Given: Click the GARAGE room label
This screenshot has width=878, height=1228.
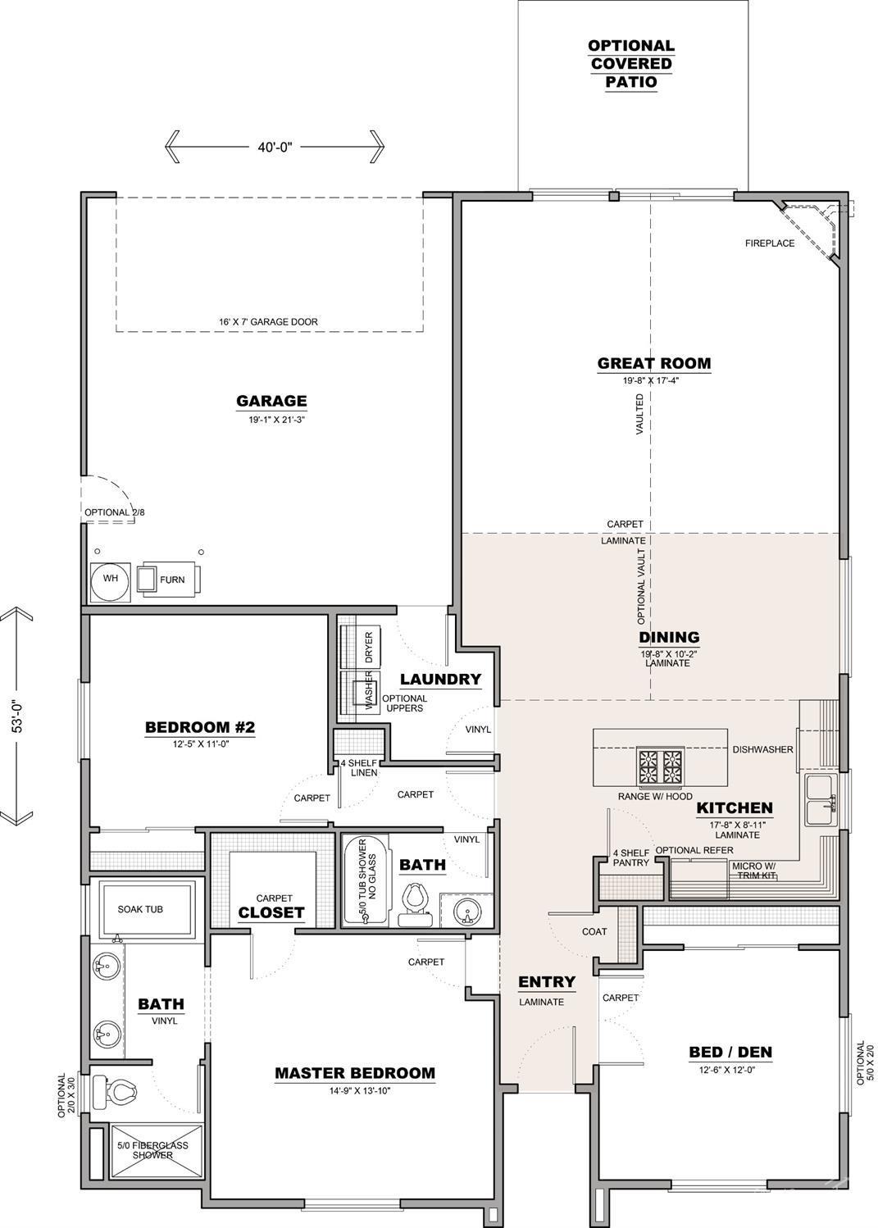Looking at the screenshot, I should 271,401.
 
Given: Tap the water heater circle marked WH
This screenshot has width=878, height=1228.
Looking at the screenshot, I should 110,579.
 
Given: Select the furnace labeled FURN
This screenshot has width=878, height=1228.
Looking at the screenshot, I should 171,580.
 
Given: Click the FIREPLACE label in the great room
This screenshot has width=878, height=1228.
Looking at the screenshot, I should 769,243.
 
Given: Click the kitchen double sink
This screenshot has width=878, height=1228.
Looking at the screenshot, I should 820,800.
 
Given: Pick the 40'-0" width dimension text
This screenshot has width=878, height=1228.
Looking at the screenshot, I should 275,147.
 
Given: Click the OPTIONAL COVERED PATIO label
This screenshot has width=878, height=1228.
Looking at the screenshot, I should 631,64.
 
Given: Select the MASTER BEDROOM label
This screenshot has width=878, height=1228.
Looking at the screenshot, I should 354,1073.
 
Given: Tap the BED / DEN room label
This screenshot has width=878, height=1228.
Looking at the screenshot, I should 730,1052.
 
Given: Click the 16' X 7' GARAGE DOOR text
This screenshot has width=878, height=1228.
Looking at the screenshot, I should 268,322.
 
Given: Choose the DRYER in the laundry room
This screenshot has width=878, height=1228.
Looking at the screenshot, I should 368,648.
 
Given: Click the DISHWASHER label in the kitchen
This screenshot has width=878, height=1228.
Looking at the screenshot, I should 762,749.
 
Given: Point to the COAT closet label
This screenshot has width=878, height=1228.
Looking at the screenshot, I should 594,931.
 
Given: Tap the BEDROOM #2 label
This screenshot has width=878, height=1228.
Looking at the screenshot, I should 200,727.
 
